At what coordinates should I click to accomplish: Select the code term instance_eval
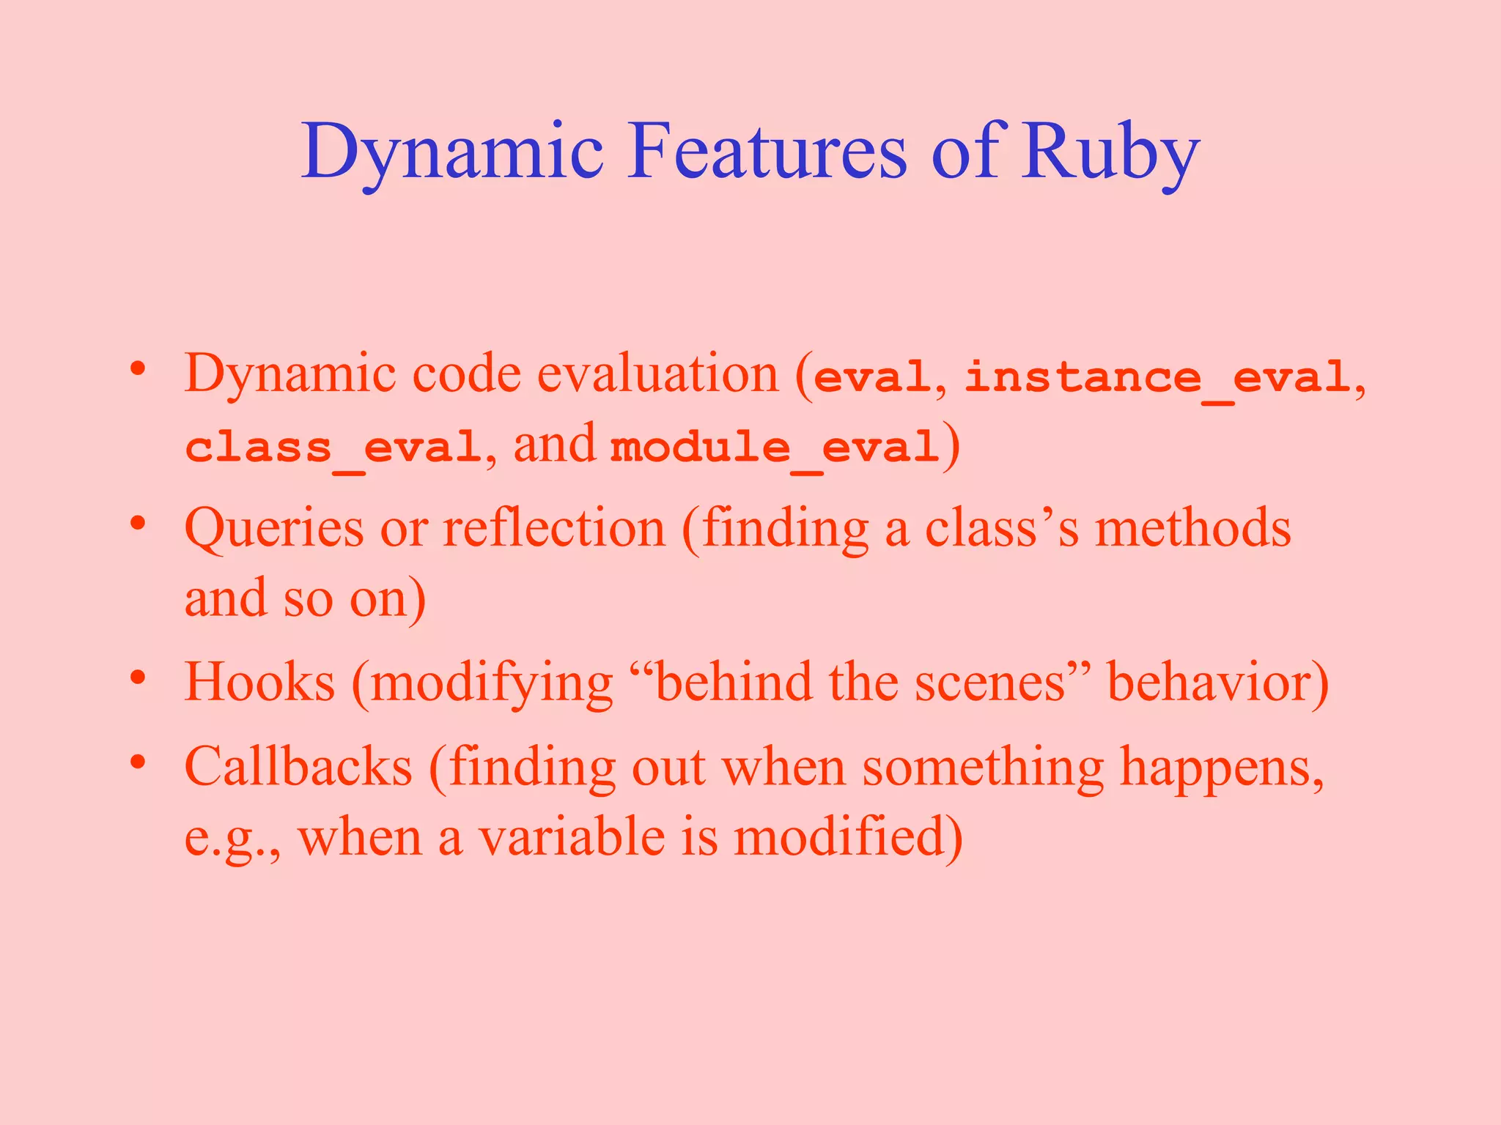[x=1157, y=378]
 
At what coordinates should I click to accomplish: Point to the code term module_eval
[x=775, y=447]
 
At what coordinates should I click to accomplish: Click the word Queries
[x=273, y=529]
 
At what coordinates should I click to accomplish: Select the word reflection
[x=554, y=529]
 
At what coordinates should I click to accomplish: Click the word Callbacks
[x=298, y=768]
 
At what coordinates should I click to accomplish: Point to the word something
[x=982, y=768]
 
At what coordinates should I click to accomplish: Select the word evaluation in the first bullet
[x=657, y=374]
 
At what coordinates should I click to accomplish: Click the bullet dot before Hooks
[x=138, y=677]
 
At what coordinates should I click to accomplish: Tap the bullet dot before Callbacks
[x=138, y=762]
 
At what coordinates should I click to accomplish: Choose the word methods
[x=1192, y=529]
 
